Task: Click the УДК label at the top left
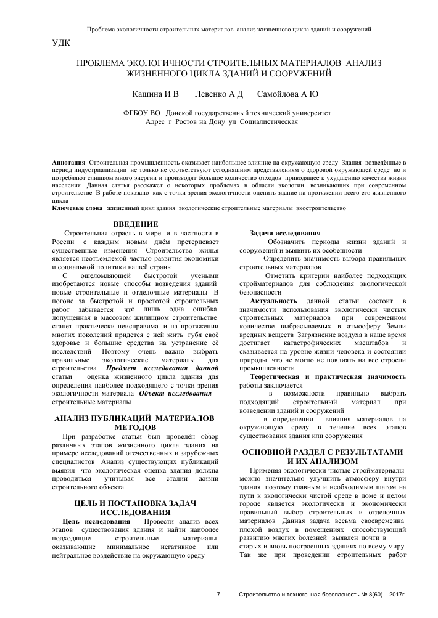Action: (x=62, y=43)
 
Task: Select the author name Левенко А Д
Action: (x=219, y=95)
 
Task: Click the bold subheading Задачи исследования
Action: (x=276, y=234)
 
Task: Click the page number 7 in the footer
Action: (x=218, y=595)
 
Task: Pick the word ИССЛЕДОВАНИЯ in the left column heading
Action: (x=136, y=511)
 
